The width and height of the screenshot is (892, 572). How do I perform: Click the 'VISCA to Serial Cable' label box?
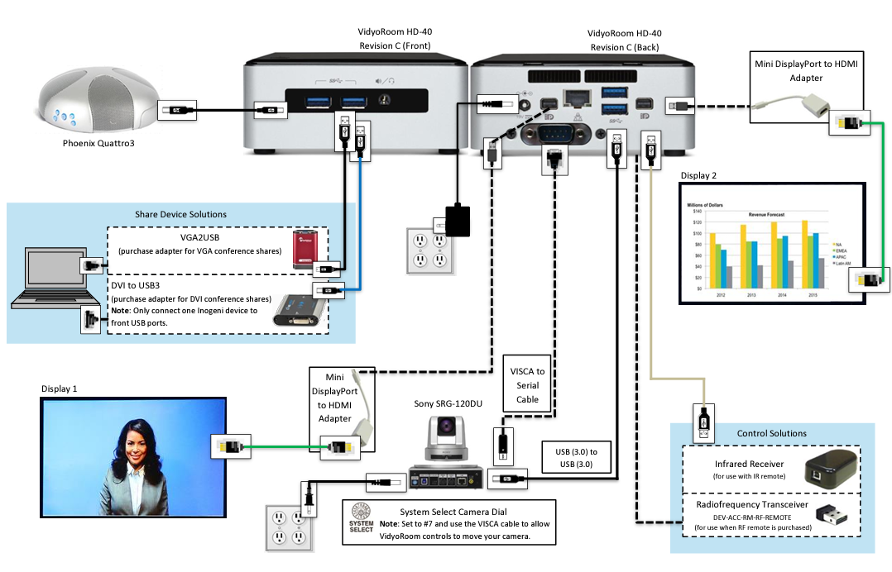527,385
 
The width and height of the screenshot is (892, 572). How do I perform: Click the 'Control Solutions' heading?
771,433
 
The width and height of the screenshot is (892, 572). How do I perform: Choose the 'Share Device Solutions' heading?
180,214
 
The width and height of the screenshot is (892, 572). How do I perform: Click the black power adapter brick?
458,221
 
